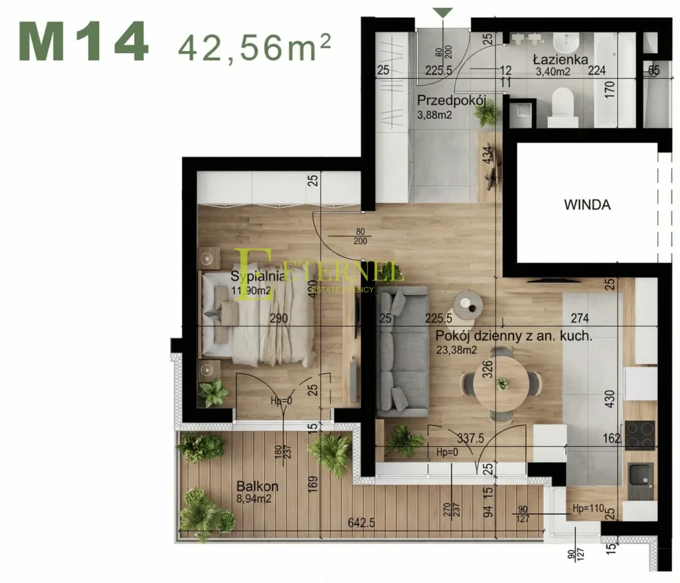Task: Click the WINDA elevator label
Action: [587, 205]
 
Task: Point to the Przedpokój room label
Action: [452, 101]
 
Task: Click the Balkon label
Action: [257, 487]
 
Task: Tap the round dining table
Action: [502, 384]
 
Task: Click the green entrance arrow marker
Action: [443, 12]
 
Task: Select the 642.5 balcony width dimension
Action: [361, 523]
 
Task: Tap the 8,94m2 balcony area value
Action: [255, 499]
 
